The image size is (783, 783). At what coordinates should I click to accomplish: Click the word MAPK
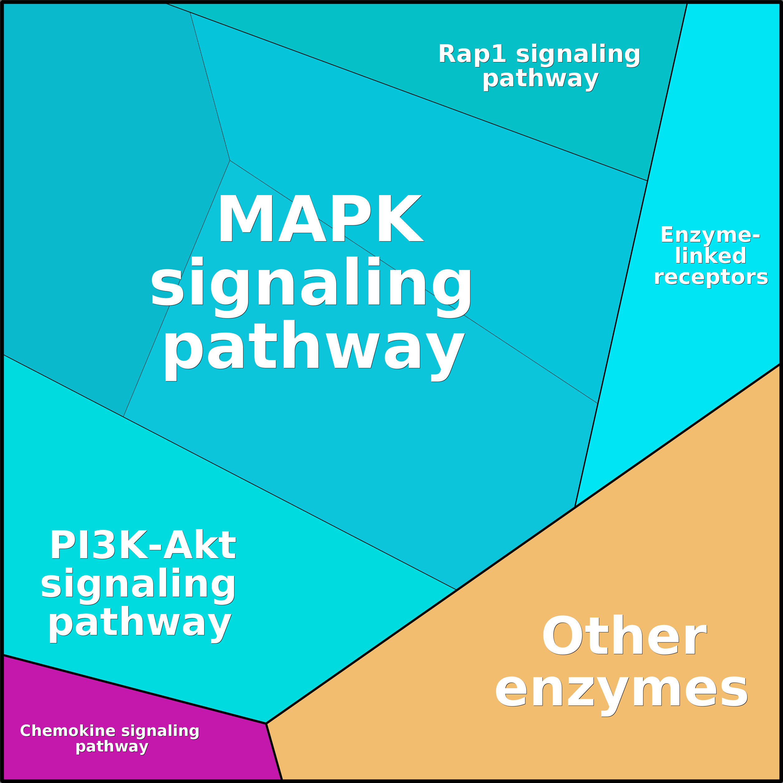320,219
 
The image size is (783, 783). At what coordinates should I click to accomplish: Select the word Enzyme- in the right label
710,235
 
